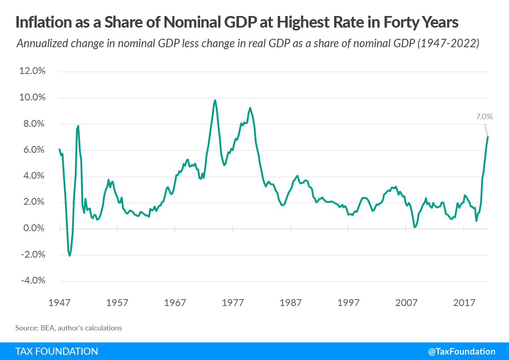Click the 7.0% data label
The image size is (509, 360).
[484, 117]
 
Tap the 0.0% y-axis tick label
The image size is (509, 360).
[32, 228]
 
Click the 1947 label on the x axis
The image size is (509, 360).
[60, 302]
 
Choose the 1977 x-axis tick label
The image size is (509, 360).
[233, 302]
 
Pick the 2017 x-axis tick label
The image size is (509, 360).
[464, 302]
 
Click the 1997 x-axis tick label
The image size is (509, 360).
[348, 302]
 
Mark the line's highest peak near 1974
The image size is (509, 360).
[215, 100]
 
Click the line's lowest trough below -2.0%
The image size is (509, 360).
[70, 256]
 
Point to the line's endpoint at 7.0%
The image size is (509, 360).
[488, 137]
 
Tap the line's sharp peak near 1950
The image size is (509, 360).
[78, 126]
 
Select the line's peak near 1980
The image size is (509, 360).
[250, 108]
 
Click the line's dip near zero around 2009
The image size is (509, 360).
[415, 227]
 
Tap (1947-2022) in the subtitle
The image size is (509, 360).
[449, 43]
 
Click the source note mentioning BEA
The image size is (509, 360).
[68, 328]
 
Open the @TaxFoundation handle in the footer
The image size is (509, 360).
[461, 352]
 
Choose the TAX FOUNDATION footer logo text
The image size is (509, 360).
[56, 352]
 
